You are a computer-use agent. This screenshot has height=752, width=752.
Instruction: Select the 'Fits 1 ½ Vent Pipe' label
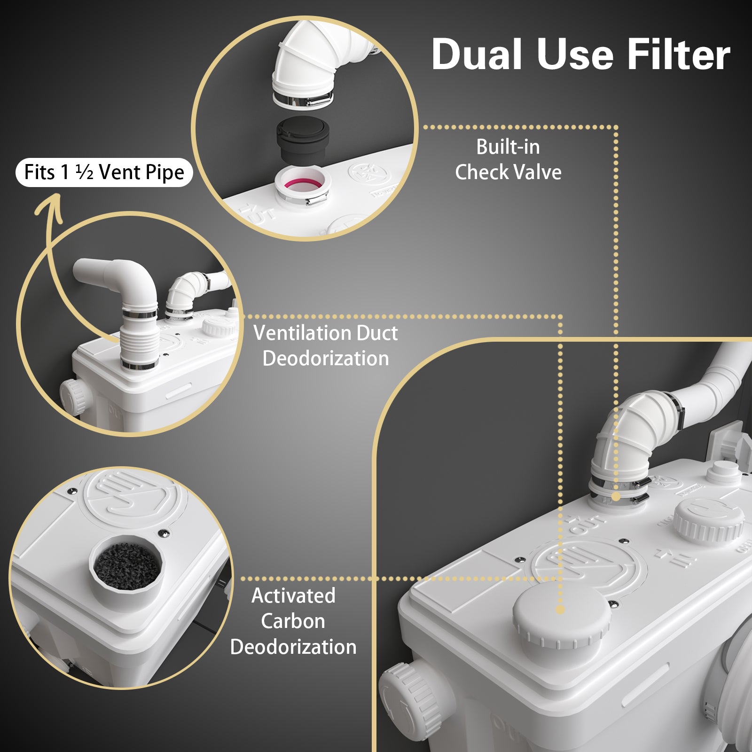[104, 172]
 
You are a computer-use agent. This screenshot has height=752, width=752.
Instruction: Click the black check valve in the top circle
[303, 139]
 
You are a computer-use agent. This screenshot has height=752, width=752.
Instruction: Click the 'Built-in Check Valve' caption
[508, 159]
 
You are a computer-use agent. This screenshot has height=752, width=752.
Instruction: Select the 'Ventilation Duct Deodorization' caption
[325, 345]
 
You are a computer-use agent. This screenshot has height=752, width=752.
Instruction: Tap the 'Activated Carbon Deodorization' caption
[293, 621]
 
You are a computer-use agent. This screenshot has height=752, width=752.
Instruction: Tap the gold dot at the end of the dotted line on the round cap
[560, 610]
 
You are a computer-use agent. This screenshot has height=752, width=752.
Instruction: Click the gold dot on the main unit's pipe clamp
[615, 496]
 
